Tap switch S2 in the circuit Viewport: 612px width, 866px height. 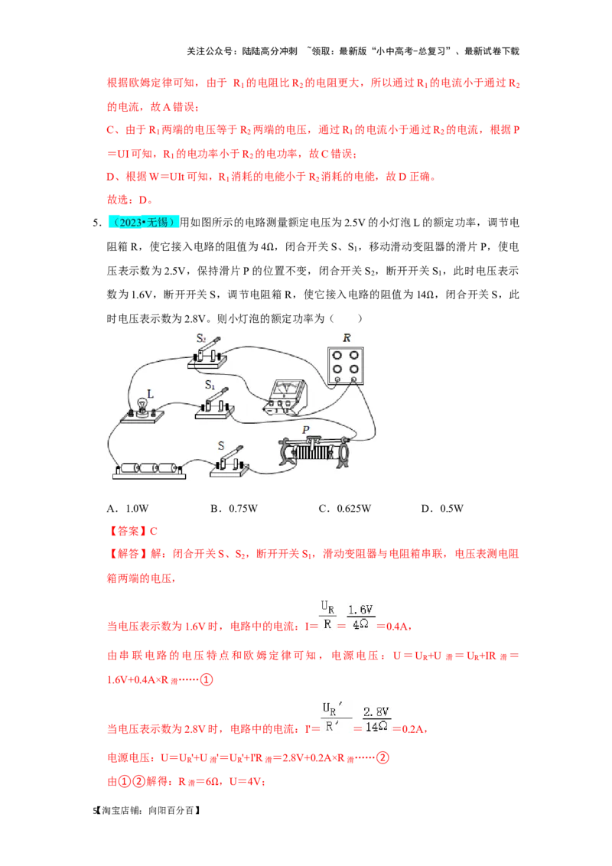pos(207,355)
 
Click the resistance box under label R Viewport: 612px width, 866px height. pos(346,365)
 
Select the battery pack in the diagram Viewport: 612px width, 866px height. pos(149,470)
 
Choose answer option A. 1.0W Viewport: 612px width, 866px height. pos(128,508)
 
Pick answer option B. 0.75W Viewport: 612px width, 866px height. pos(233,508)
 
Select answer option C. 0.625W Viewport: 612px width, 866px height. pos(345,508)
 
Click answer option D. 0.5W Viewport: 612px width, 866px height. pos(442,508)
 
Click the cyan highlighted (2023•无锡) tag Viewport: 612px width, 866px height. pos(144,222)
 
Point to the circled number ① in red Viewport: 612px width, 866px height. pos(206,679)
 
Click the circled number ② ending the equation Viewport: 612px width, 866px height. pos(382,757)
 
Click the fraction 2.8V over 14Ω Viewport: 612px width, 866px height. pos(376,720)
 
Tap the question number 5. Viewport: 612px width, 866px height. pos(96,223)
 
